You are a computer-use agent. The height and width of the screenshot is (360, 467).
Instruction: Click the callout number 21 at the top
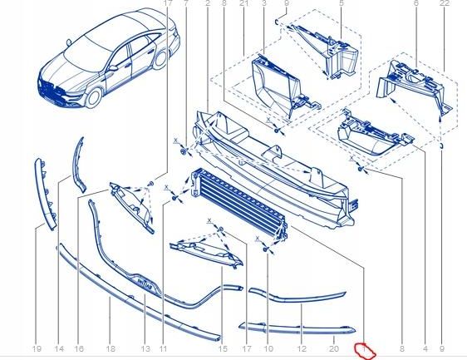click(243, 5)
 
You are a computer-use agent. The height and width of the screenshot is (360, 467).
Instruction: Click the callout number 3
click(263, 5)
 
